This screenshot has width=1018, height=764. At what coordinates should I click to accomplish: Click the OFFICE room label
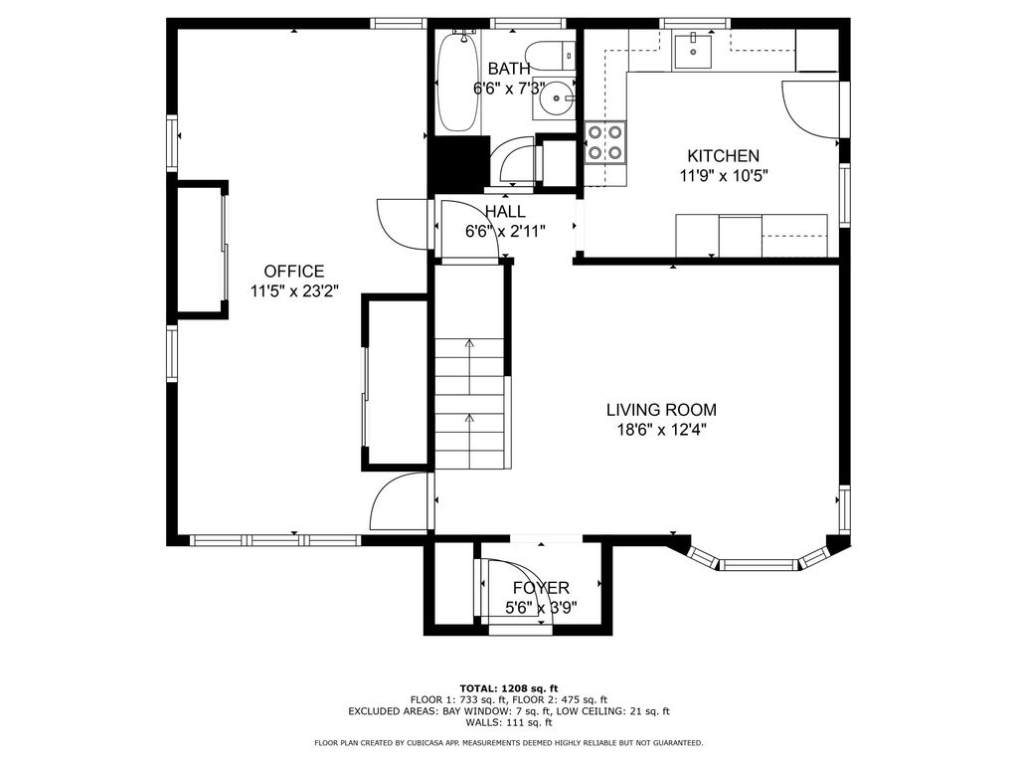tap(294, 272)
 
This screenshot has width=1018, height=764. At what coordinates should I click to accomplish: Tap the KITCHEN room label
tap(724, 156)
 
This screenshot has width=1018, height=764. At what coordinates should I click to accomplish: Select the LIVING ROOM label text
tap(661, 410)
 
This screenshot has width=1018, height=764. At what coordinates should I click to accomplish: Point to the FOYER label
tap(541, 588)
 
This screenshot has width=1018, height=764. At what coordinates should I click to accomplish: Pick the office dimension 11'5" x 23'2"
tap(294, 291)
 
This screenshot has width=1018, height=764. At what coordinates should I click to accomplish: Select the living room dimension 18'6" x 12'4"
tap(661, 430)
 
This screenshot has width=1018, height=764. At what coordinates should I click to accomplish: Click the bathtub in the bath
tap(459, 82)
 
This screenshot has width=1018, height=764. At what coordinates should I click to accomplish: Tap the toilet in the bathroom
tap(550, 56)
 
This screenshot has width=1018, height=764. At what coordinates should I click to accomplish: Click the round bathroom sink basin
tap(556, 98)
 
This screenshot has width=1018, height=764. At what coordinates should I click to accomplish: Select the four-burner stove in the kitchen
tap(605, 142)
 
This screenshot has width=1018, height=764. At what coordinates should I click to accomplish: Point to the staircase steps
tap(469, 403)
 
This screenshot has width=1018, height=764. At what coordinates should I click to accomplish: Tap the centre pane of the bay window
tap(759, 565)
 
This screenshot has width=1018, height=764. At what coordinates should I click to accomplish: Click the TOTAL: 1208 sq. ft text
tap(509, 688)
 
